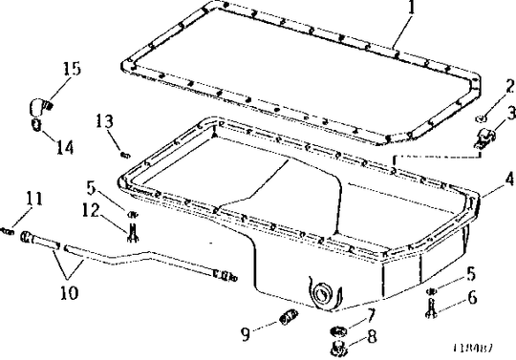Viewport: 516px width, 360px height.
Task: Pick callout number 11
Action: pyautogui.click(x=34, y=200)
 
